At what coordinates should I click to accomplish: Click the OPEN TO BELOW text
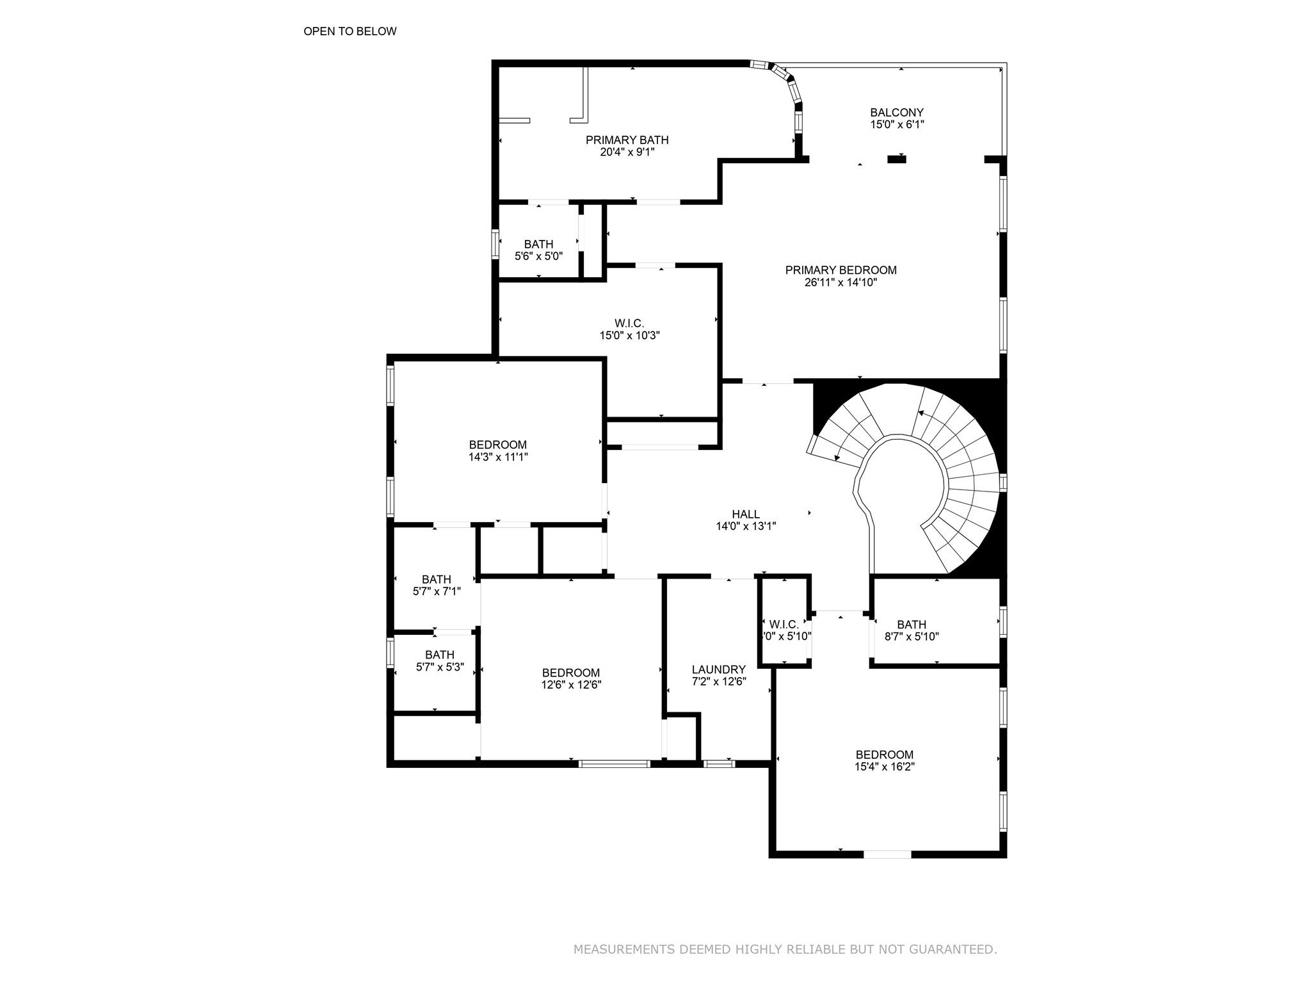coord(350,31)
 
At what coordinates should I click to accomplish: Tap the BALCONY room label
coord(896,113)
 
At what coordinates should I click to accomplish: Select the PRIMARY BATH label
coord(627,140)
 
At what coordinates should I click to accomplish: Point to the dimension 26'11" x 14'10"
coord(840,282)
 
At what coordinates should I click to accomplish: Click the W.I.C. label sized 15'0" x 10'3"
coord(629,323)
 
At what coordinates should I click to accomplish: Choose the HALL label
coord(746,514)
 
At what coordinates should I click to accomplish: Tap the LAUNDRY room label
coord(718,669)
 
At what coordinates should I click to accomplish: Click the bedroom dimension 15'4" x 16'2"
coord(884,767)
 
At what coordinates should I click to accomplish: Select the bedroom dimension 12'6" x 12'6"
coord(570,685)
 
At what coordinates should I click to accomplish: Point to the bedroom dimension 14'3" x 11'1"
coord(497,457)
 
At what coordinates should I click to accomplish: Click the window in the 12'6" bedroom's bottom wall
coord(614,763)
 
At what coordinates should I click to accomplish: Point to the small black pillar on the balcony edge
coord(896,159)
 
